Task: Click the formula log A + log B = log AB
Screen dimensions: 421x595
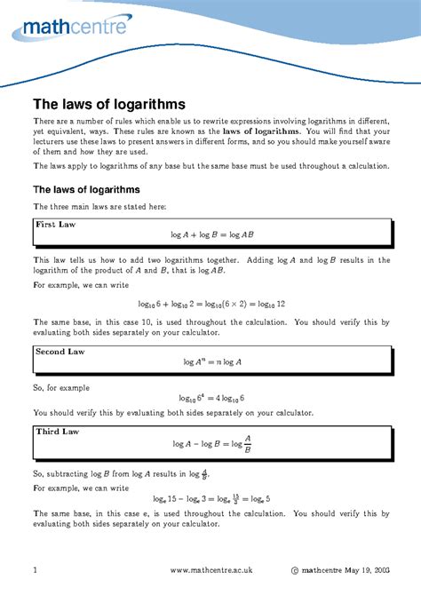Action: point(212,235)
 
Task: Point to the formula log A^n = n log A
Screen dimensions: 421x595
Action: point(212,362)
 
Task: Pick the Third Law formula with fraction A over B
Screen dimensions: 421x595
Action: point(212,444)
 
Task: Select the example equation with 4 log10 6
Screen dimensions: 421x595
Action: point(212,398)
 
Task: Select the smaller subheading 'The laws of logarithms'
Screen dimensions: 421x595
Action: point(86,189)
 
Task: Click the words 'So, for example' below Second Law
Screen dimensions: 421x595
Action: point(62,387)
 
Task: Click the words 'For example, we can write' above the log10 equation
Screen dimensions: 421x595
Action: point(83,286)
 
